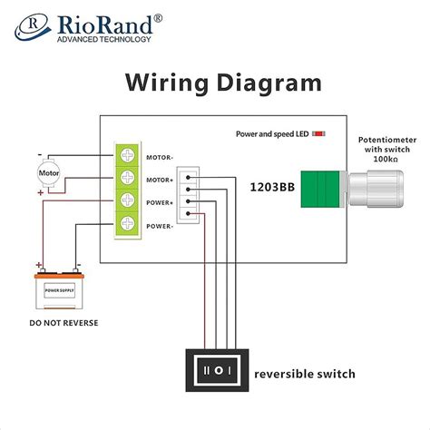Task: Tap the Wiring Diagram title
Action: (222, 83)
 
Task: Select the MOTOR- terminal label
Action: (161, 157)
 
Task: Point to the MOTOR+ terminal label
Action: (161, 180)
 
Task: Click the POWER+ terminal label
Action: (161, 202)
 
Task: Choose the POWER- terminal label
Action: (161, 225)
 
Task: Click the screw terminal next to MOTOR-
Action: (129, 156)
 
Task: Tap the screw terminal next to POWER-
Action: (129, 224)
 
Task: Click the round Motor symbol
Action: (47, 172)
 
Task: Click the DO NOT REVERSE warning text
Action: (64, 323)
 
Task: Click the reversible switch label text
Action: (305, 374)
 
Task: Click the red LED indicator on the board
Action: (318, 133)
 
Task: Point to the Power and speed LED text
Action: (271, 133)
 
